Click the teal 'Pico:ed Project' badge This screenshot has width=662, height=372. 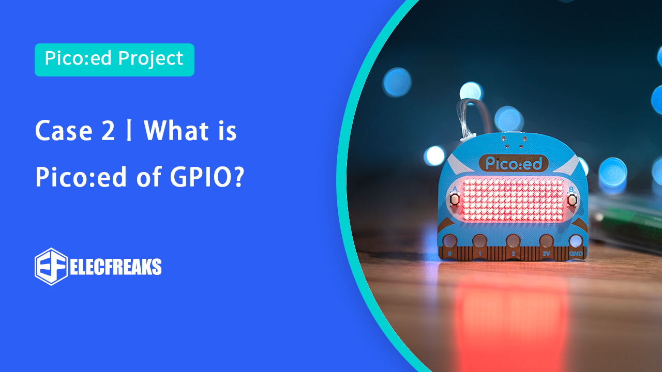114,60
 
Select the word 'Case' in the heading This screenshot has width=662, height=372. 64,131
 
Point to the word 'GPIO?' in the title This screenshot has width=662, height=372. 207,177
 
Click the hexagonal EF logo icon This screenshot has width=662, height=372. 51,267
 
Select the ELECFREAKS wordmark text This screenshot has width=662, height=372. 116,267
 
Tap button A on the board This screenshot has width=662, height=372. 454,199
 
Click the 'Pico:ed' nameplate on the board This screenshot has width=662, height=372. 514,163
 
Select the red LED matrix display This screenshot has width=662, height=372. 513,199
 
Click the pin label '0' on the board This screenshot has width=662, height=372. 449,254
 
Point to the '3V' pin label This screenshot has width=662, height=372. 546,254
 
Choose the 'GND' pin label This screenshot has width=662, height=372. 576,254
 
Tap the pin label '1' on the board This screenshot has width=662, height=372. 479,254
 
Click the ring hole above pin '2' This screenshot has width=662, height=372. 513,241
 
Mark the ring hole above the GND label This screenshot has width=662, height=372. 576,241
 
